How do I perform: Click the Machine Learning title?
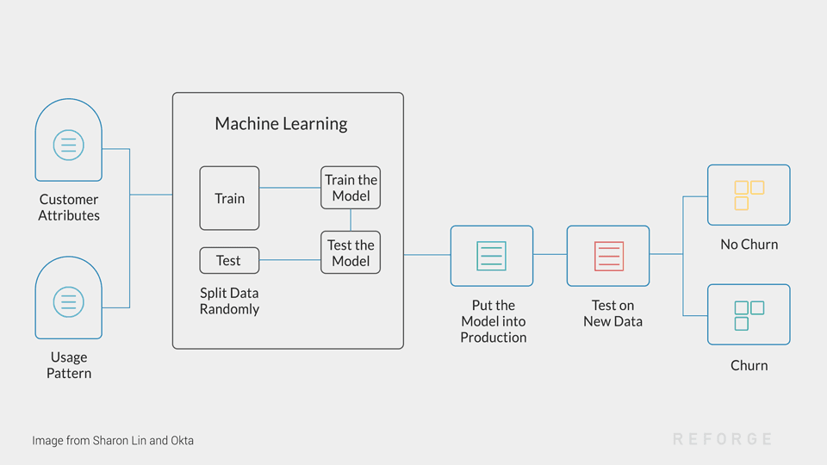(281, 123)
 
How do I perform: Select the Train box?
(229, 198)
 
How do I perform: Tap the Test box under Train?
(229, 260)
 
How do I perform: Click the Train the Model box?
(351, 188)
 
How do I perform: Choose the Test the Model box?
(351, 252)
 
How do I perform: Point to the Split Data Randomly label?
(229, 301)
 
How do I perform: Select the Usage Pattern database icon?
(69, 301)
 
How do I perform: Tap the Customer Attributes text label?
(69, 208)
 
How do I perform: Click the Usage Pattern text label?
(69, 365)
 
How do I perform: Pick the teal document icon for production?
(492, 256)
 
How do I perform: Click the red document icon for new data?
(608, 256)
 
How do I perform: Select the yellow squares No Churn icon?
(749, 195)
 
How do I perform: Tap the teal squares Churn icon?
(749, 314)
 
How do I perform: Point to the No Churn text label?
(749, 245)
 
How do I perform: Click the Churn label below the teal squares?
(749, 365)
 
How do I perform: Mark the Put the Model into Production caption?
(493, 321)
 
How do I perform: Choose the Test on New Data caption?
(612, 313)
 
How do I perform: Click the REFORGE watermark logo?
(722, 439)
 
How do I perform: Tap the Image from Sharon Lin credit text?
(113, 440)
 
